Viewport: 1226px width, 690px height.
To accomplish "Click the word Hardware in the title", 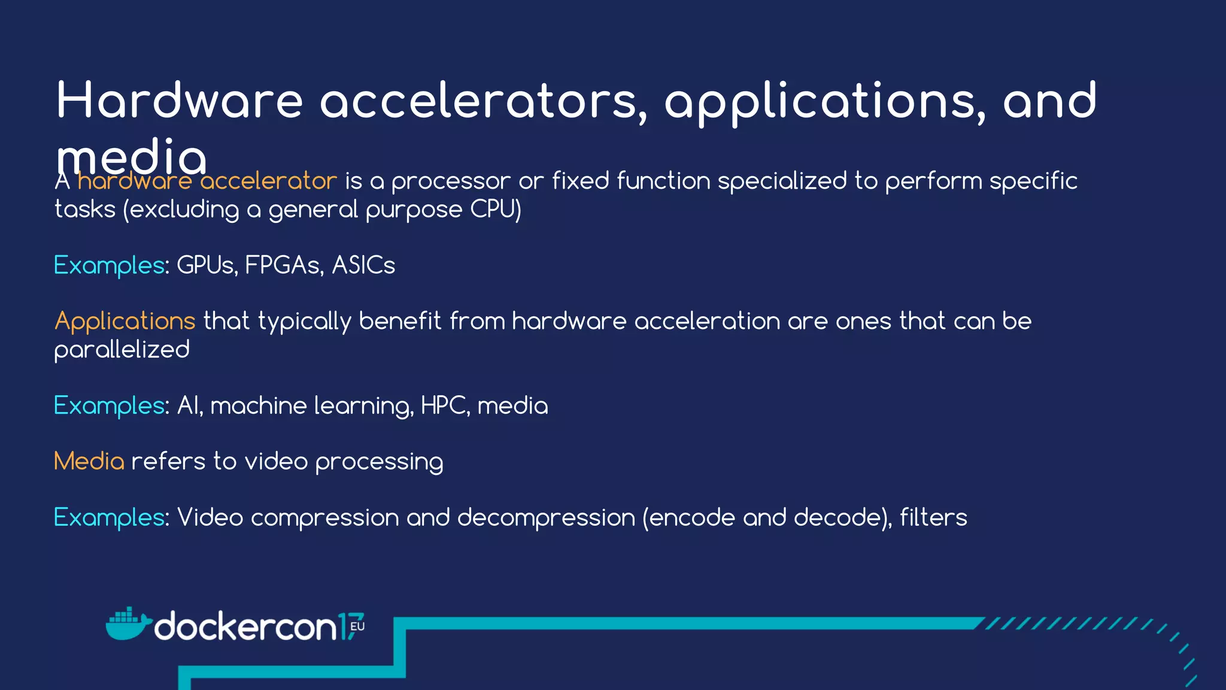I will (x=180, y=101).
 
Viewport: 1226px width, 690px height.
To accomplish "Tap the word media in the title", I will (x=131, y=157).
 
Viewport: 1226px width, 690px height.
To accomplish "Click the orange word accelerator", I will (x=269, y=181).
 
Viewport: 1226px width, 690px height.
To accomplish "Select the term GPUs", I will (x=205, y=265).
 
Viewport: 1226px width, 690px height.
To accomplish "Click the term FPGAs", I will (x=283, y=265).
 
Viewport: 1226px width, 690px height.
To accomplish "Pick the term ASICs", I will (x=363, y=265).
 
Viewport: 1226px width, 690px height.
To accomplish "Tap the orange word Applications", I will (x=125, y=322).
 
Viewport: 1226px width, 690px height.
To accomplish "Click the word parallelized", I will (x=122, y=350).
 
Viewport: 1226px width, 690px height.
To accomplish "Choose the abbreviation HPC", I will (x=442, y=406).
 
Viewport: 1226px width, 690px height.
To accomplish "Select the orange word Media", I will (x=89, y=462).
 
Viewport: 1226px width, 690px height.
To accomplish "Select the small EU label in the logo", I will (x=357, y=627).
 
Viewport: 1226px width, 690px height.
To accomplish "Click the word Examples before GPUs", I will (x=109, y=265).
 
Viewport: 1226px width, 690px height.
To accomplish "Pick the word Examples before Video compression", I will (x=109, y=517).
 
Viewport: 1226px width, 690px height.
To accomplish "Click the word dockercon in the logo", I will (x=245, y=627).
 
